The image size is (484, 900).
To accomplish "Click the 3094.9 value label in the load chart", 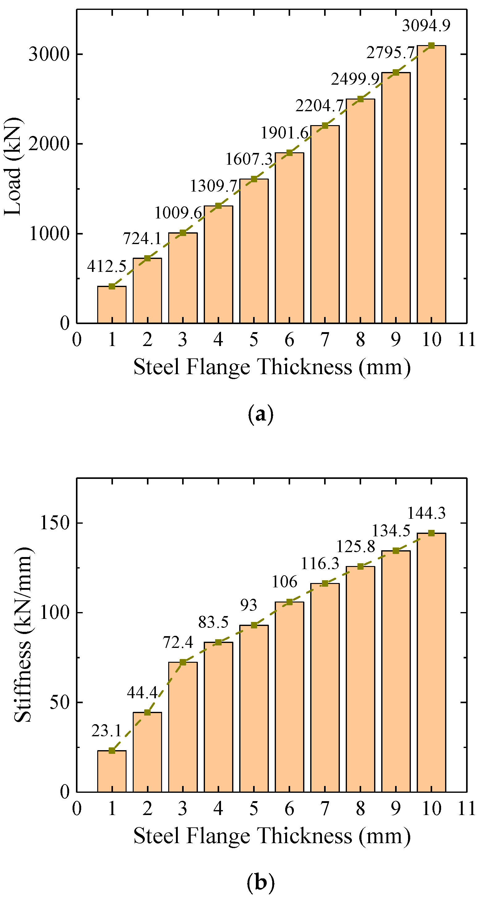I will tap(426, 26).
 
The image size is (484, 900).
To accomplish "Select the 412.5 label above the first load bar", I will tap(106, 267).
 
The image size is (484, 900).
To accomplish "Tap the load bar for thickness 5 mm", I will tap(254, 251).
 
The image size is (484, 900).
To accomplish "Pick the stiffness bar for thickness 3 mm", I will tap(182, 727).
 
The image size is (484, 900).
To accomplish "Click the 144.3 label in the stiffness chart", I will tap(426, 513).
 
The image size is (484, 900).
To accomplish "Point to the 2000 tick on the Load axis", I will tap(49, 144).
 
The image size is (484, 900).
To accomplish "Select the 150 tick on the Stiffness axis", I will tap(54, 523).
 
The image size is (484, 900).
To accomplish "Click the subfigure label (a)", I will tap(260, 414).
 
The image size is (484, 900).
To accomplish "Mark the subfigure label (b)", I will tap(260, 882).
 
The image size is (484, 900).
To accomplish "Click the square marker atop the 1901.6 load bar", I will tap(289, 153).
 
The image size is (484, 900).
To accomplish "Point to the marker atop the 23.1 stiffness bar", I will tap(112, 750).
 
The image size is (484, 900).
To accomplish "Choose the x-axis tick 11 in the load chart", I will tap(466, 340).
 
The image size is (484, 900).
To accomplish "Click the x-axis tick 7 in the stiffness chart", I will tap(324, 809).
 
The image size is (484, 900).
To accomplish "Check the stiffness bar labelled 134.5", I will tap(395, 671).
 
